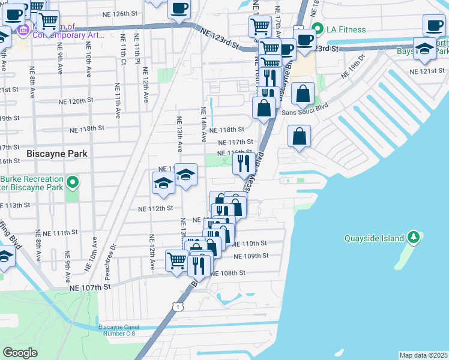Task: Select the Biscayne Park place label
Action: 57,154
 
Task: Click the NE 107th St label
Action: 90,287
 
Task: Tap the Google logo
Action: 20,353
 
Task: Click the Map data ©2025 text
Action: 423,355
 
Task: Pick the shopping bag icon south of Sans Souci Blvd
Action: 299,137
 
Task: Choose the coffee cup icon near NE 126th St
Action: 178,9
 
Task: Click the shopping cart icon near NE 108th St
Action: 176,260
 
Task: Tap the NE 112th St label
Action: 155,209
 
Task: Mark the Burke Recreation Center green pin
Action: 73,181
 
